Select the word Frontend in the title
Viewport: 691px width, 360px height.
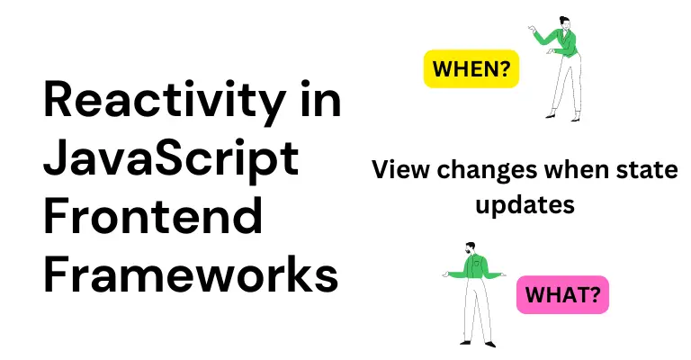pyautogui.click(x=153, y=216)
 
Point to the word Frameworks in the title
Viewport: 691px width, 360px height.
pyautogui.click(x=191, y=274)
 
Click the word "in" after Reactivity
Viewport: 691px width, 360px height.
pyautogui.click(x=321, y=99)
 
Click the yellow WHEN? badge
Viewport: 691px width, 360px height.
pyautogui.click(x=471, y=68)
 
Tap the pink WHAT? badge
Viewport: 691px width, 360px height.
pyautogui.click(x=562, y=294)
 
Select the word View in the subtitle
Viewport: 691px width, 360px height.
pyautogui.click(x=399, y=169)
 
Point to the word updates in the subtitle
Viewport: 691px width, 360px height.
pyautogui.click(x=525, y=205)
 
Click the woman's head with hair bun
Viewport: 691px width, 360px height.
pyautogui.click(x=564, y=22)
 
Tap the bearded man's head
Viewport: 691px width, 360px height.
pyautogui.click(x=470, y=248)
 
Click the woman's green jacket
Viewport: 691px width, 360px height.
pyautogui.click(x=561, y=43)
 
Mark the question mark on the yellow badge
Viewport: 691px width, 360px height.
pyautogui.click(x=505, y=68)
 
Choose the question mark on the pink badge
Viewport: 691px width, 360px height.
pyautogui.click(x=595, y=294)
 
